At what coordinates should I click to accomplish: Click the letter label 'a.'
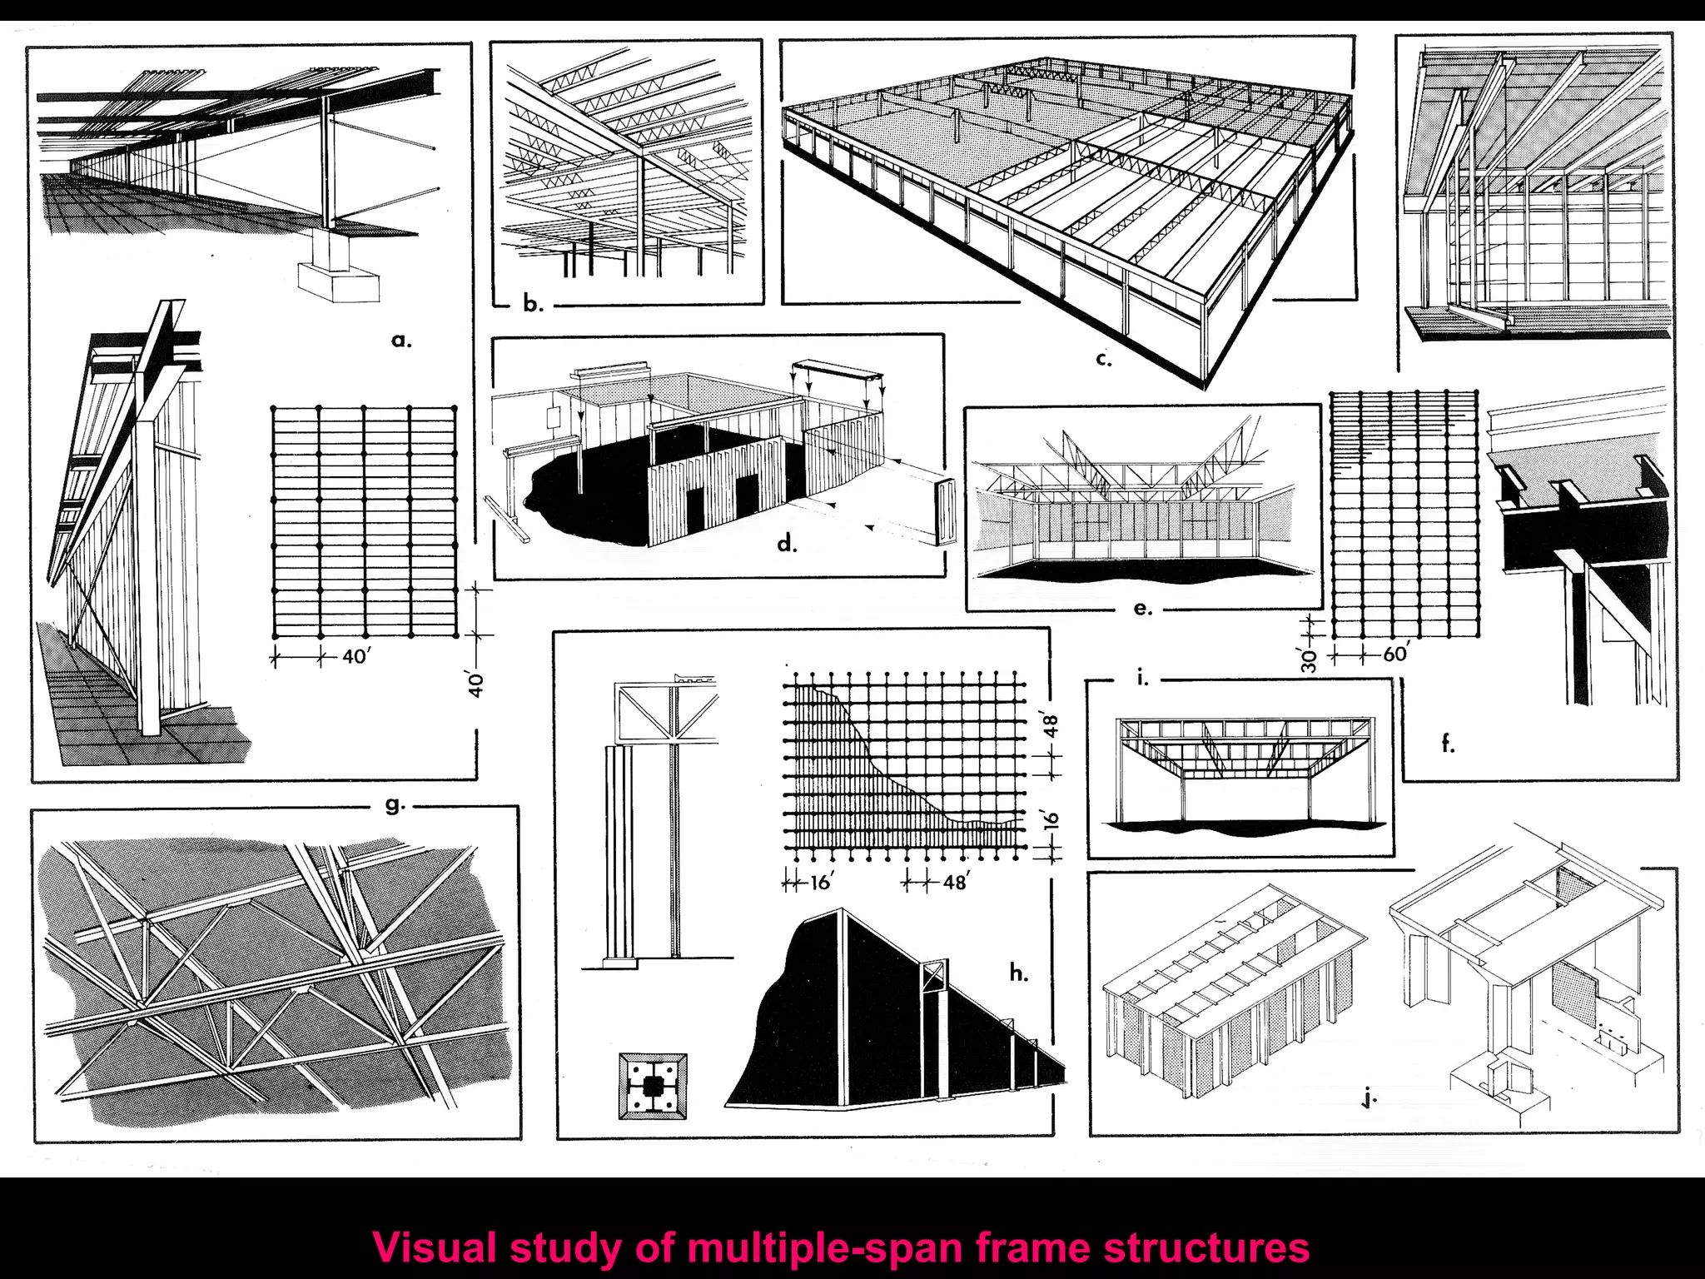[x=401, y=340]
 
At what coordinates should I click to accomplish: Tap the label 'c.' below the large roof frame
[x=1103, y=360]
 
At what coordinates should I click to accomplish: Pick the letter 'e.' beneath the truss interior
[x=1143, y=609]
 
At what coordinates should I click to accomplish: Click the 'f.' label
[x=1449, y=744]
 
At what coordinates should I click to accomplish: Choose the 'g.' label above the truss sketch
[x=395, y=804]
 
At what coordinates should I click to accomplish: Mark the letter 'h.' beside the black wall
[x=1018, y=973]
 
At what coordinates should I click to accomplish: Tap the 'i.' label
[x=1142, y=679]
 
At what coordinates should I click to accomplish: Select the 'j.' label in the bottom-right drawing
[x=1369, y=1099]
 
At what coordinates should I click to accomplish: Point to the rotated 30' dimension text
[x=1310, y=660]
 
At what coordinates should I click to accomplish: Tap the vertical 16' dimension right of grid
[x=1051, y=819]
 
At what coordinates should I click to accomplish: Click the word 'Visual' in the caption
[x=435, y=1247]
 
